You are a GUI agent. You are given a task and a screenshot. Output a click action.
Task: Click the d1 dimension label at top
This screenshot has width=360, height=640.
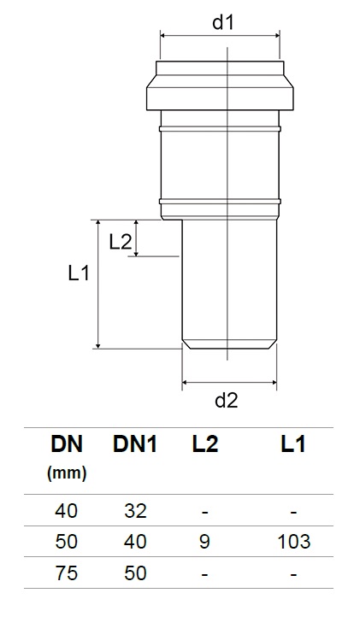click(223, 22)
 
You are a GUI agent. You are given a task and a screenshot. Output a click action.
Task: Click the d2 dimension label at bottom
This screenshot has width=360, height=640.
click(226, 400)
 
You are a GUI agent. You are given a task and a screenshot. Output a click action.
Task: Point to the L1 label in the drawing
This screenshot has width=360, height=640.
click(80, 273)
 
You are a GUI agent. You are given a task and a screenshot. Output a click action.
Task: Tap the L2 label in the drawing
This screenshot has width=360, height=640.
click(121, 242)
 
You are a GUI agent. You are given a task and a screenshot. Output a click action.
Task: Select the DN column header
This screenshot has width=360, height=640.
click(67, 443)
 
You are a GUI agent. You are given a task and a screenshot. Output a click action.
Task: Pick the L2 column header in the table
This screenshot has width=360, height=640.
click(204, 443)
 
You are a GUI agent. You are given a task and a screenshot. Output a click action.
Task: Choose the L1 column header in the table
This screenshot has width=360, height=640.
click(292, 443)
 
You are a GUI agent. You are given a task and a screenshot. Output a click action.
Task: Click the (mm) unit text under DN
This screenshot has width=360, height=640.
click(67, 472)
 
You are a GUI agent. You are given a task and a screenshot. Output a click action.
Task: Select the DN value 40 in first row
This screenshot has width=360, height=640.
click(67, 511)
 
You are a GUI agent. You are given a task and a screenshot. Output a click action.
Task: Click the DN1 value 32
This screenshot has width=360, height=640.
click(135, 511)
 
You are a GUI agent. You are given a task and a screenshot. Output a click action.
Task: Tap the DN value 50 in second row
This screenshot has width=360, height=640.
click(67, 542)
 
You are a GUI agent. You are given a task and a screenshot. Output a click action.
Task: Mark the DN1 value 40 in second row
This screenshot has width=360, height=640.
click(135, 542)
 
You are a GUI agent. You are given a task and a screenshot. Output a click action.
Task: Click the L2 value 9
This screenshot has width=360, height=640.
click(204, 542)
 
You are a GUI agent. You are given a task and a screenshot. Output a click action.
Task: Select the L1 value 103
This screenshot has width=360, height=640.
click(292, 542)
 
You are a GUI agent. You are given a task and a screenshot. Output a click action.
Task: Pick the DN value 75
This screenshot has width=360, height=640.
click(67, 572)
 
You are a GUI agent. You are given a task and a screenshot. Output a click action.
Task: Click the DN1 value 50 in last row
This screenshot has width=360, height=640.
click(135, 572)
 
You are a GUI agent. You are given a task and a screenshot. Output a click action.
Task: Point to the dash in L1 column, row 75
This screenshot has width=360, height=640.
click(292, 573)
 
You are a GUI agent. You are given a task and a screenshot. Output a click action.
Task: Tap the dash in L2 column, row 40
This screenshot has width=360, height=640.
click(204, 512)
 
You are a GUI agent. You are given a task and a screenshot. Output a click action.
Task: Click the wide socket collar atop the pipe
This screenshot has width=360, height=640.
click(220, 85)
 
